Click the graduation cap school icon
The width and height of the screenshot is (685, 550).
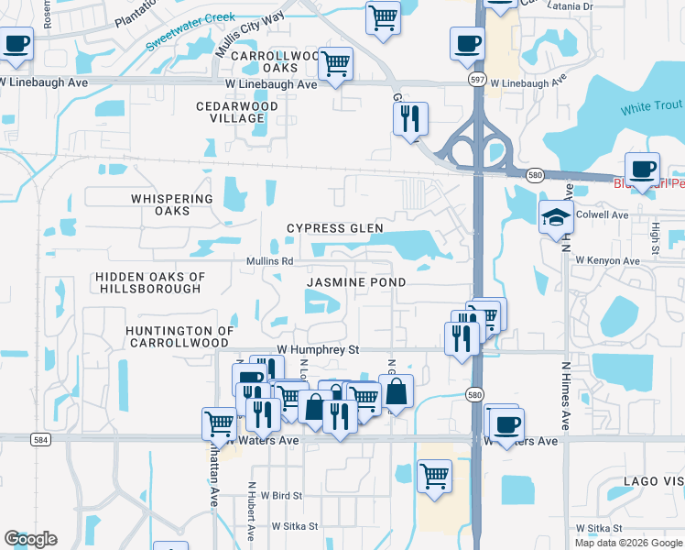(556, 218)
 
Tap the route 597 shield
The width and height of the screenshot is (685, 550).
(478, 80)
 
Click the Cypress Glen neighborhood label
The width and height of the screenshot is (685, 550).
(334, 228)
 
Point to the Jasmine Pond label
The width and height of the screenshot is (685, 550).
(355, 283)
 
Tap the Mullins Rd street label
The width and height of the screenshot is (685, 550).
(269, 261)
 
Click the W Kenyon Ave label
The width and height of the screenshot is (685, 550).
(607, 261)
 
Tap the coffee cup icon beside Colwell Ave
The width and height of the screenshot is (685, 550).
(642, 170)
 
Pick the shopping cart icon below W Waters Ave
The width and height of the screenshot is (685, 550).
(434, 476)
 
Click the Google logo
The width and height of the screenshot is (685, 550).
(30, 539)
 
